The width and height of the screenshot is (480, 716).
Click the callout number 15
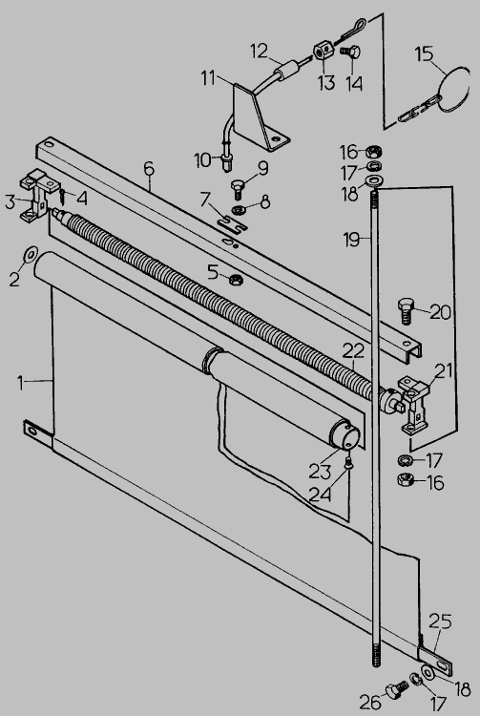424,53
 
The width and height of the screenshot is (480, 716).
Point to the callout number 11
209,77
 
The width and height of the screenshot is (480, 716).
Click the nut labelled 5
236,279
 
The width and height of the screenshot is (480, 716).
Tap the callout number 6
149,168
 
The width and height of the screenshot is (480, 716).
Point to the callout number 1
21,383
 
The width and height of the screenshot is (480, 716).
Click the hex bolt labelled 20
407,310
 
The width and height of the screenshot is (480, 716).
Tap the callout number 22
354,350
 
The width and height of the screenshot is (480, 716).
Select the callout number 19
352,240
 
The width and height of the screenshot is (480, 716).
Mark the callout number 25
440,621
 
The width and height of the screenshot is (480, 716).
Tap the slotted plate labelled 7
232,222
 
